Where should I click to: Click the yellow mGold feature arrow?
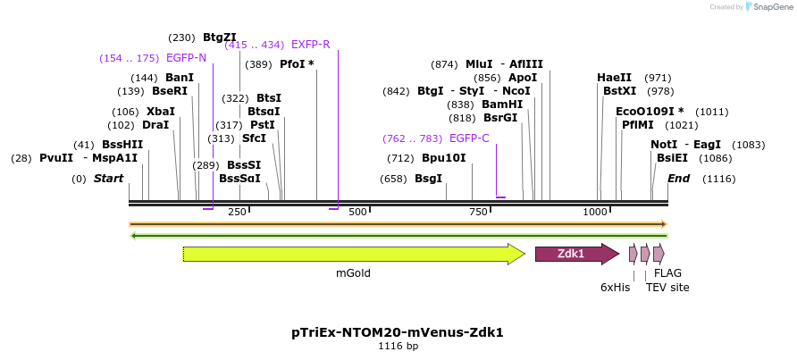pos(353,254)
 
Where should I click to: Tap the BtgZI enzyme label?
pos(219,38)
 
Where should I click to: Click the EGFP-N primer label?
pos(186,58)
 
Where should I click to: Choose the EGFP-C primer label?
pos(469,138)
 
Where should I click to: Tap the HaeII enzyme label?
pos(614,78)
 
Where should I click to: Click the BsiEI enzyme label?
pos(672,158)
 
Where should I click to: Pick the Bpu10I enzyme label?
pos(443,158)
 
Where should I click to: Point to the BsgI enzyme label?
pos(428,179)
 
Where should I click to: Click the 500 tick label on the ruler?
pos(358,212)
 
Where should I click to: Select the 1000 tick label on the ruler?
pos(595,212)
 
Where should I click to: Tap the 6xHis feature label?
pos(615,287)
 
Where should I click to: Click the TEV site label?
pos(667,287)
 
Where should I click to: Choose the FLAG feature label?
pos(667,273)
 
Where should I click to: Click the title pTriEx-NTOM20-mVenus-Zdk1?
pos(398,332)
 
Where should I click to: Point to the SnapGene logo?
pos(767,7)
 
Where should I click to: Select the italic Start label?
pos(108,179)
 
